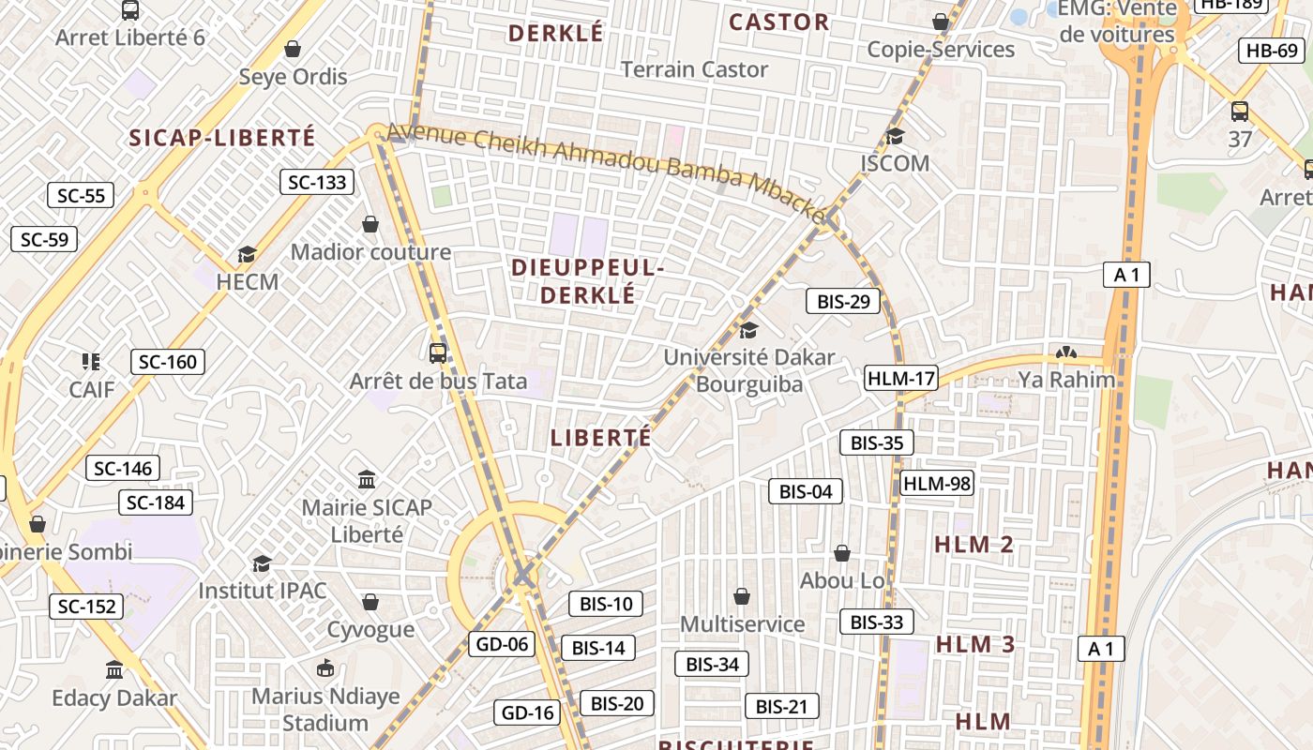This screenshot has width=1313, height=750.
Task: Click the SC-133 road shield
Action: [317, 182]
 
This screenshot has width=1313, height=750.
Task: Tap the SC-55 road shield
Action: [81, 195]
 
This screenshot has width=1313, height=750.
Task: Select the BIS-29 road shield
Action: [843, 301]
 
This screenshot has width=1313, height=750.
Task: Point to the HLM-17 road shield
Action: [900, 379]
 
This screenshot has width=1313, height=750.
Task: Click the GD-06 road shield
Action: [502, 644]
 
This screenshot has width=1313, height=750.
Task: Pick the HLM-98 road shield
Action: [936, 484]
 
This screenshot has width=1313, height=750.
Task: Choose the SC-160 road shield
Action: [168, 362]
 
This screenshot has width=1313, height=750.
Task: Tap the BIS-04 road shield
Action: [806, 491]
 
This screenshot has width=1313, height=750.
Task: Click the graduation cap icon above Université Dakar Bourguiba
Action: [748, 330]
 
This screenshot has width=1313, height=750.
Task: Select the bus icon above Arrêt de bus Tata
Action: [438, 352]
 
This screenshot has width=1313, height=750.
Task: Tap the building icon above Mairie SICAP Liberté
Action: [367, 480]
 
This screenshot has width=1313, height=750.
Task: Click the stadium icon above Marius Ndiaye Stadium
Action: [325, 668]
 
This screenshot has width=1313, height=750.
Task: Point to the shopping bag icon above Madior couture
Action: [370, 225]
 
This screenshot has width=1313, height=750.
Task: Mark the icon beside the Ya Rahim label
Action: [1064, 353]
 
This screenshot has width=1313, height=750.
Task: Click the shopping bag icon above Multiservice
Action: [742, 596]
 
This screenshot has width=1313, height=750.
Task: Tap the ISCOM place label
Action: [895, 164]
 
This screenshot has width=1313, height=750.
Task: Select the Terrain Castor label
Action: [694, 69]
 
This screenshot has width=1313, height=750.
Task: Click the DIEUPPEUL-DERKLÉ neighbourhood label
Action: [588, 281]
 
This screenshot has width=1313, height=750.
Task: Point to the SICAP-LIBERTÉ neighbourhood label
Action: [222, 138]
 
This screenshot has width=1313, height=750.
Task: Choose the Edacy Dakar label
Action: [114, 698]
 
